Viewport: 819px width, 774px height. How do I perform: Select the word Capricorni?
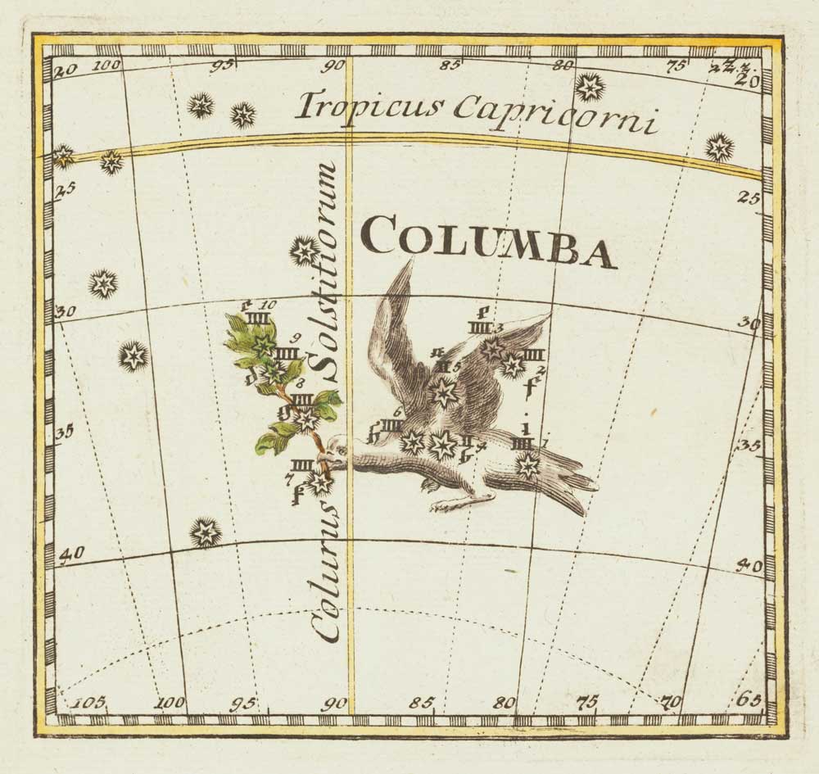[x=556, y=116]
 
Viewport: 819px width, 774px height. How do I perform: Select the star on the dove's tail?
[x=527, y=466]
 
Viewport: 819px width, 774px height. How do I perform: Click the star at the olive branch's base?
[x=320, y=482]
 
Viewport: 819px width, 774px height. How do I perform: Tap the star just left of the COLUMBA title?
[x=305, y=250]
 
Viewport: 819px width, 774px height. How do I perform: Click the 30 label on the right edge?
[x=746, y=322]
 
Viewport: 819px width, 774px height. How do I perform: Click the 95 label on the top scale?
[x=219, y=66]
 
